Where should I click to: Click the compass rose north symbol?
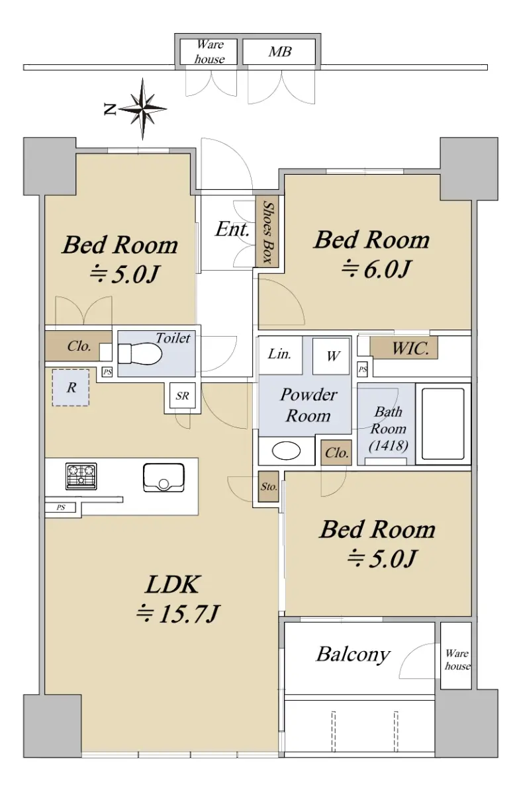coord(142,109)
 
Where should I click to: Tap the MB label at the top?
coord(279,52)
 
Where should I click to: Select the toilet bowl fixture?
coord(140,353)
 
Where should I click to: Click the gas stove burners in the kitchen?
coord(81,476)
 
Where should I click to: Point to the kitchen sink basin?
coord(164,478)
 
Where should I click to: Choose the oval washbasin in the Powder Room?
coord(286,451)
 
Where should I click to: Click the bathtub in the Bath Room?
coord(443,423)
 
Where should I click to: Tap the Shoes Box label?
coord(267,232)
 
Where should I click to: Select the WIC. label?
coord(410,349)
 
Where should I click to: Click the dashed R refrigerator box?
coord(71,388)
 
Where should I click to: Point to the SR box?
coord(182,396)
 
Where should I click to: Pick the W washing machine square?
coord(331,356)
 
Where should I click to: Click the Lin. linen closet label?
coord(279,354)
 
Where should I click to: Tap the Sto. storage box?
coord(268,487)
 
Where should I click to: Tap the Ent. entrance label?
coord(232,229)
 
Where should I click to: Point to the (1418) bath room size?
coord(389,445)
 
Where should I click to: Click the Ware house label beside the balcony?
coord(457,660)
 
